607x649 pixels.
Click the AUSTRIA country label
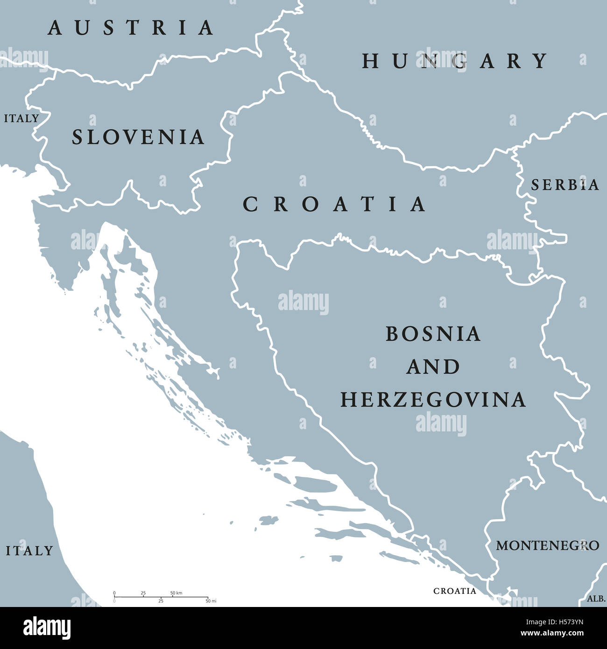click(x=131, y=28)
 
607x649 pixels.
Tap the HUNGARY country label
click(x=455, y=61)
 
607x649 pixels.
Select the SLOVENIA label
click(x=138, y=137)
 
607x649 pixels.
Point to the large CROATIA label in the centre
click(x=334, y=204)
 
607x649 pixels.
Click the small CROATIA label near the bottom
click(x=455, y=591)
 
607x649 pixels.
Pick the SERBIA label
click(x=565, y=185)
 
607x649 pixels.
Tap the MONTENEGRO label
click(x=547, y=545)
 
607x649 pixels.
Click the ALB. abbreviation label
click(x=596, y=599)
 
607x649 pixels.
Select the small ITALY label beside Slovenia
click(x=21, y=119)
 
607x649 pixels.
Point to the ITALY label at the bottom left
click(x=29, y=551)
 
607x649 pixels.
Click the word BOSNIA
click(x=433, y=334)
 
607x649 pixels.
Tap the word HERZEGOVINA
click(x=433, y=400)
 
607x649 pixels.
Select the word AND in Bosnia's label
click(x=433, y=367)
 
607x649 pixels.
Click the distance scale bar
click(x=161, y=597)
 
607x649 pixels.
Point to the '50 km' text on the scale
click(x=176, y=593)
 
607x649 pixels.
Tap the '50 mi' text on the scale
click(x=211, y=601)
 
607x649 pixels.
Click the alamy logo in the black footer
click(x=47, y=628)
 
